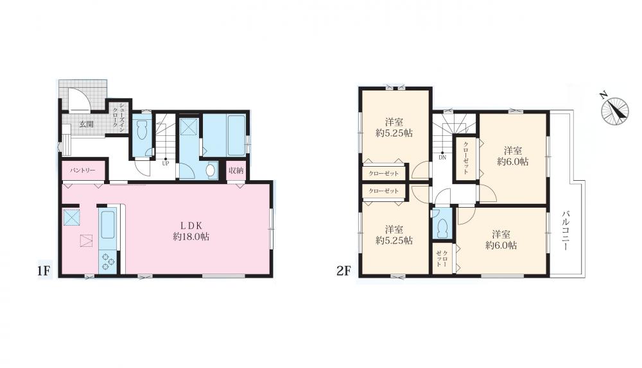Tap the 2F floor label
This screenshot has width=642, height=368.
coord(344,271)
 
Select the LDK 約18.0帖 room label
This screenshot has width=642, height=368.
coord(191,231)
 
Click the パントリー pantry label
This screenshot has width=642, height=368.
coord(82,170)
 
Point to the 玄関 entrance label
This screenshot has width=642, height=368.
coord(86,124)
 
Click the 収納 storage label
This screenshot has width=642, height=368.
coord(236,170)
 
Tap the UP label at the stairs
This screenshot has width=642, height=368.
coord(166,163)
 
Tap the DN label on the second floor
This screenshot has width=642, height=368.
coord(442,157)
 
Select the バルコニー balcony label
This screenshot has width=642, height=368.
coord(566,230)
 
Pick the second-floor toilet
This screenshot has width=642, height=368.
coord(442,228)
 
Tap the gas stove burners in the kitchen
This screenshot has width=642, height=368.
coord(108,262)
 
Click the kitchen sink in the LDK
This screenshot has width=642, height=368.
coord(108,224)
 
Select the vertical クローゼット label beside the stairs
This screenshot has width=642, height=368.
coord(465,158)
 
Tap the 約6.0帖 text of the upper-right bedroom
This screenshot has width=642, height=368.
coord(512,162)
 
